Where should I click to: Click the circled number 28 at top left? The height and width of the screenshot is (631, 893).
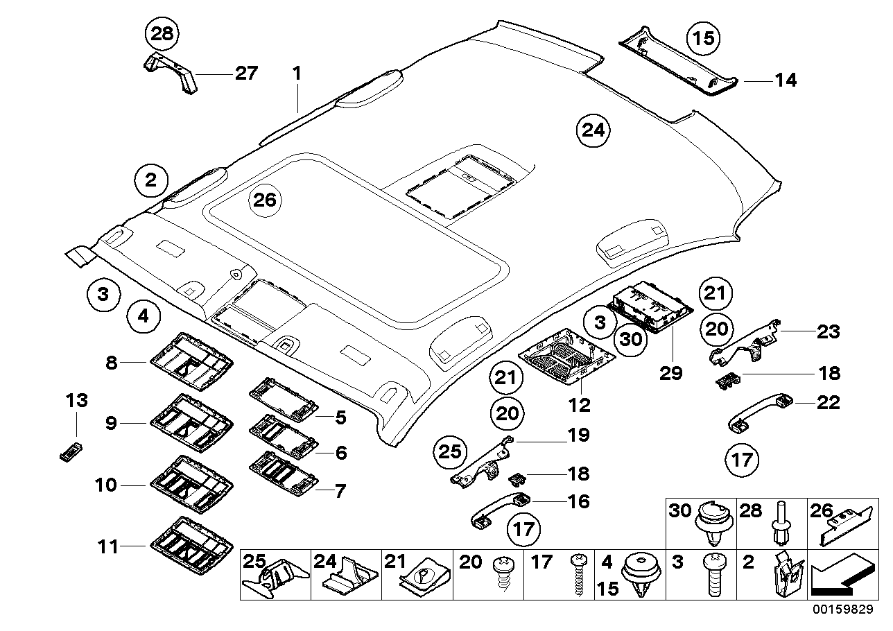click(x=162, y=33)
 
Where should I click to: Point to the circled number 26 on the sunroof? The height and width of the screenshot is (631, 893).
click(x=264, y=200)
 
